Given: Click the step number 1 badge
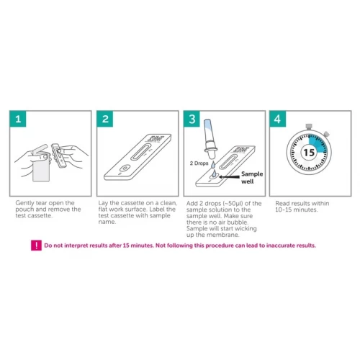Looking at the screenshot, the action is point(18,119).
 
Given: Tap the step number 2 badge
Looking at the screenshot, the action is point(105,119).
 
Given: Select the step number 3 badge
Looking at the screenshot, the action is point(192,119).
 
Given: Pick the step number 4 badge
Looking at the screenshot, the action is point(278,119).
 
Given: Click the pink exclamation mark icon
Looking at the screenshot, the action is point(36,246).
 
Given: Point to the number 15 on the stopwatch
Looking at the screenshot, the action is point(309,153).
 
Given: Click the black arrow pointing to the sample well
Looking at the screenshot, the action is point(229,177).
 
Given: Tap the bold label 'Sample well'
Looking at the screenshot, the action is point(252,178).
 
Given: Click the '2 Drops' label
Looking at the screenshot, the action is point(199,163).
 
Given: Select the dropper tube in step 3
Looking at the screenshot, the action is point(210,139).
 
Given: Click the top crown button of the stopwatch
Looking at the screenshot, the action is point(309,127).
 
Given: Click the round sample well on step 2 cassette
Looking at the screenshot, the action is point(125,168).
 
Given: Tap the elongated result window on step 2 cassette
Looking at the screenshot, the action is point(141,152).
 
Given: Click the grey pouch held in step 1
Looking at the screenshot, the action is point(41,169).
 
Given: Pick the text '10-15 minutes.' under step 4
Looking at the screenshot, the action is point(297,210).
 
